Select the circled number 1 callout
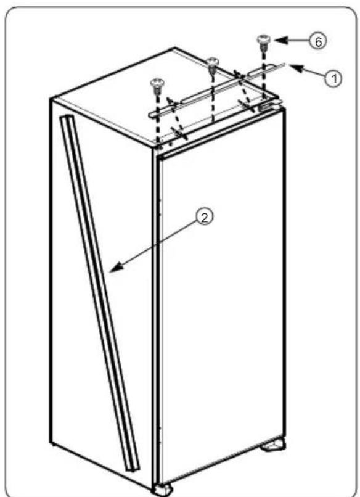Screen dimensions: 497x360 (333, 78)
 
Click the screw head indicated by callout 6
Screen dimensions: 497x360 (263, 41)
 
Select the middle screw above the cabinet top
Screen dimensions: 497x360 (213, 62)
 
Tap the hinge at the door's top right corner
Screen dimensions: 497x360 (266, 107)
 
